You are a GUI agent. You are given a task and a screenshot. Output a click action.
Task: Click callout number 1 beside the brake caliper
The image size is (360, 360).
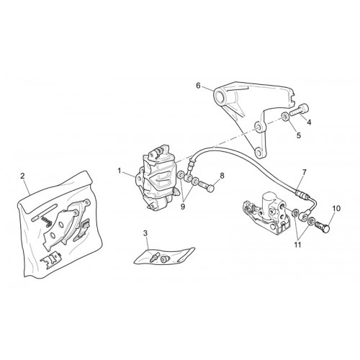[x=120, y=171]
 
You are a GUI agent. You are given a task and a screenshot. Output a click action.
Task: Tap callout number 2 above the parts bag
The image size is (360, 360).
[x=22, y=176]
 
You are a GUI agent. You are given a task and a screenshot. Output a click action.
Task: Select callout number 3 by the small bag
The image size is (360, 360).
[x=145, y=233]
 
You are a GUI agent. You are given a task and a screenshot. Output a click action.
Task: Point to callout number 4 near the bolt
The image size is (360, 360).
[x=309, y=122]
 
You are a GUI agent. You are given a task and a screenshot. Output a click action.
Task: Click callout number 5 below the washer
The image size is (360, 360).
[x=299, y=135]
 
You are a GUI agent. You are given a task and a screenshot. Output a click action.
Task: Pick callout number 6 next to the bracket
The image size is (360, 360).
[x=198, y=86]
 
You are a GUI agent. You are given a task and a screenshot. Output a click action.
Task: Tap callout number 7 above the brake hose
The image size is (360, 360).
[x=304, y=172]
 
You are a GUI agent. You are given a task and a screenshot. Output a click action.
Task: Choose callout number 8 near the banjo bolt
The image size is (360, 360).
[x=222, y=176]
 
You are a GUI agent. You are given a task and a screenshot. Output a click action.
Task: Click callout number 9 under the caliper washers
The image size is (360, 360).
[x=183, y=207]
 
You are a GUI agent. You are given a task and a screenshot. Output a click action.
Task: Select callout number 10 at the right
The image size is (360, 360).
[x=336, y=209]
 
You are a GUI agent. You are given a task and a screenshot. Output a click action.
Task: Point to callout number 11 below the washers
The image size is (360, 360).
[x=297, y=245]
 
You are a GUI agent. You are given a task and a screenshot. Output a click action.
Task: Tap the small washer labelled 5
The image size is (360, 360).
[x=285, y=117]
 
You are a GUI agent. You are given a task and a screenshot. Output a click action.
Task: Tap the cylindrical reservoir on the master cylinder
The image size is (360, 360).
[x=270, y=199]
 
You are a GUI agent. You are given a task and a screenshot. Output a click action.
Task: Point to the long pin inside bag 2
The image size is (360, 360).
[x=45, y=212]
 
